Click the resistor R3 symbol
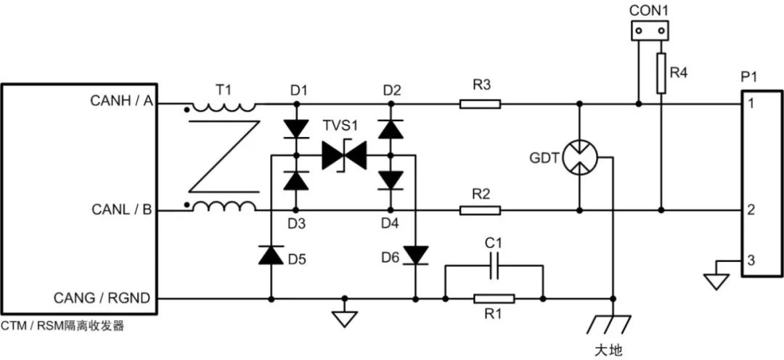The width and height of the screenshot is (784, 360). [480, 104]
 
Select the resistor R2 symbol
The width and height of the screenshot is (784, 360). [480, 210]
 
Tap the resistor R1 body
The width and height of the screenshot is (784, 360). [494, 299]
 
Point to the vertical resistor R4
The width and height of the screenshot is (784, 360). [661, 73]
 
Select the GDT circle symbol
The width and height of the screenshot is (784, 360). [579, 157]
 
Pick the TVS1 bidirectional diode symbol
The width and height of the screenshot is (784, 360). [344, 155]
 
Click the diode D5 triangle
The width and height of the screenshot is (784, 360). [271, 255]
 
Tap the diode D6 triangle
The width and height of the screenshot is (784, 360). [415, 255]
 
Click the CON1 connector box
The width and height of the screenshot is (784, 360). [650, 30]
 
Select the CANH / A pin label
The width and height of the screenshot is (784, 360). [121, 100]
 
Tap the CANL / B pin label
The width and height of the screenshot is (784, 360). [121, 210]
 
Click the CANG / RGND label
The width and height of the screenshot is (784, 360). [102, 298]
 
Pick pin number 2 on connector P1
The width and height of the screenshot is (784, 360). [751, 210]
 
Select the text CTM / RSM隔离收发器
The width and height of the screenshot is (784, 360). [62, 327]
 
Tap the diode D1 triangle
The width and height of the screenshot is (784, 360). [295, 127]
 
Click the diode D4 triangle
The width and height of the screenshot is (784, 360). [391, 179]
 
